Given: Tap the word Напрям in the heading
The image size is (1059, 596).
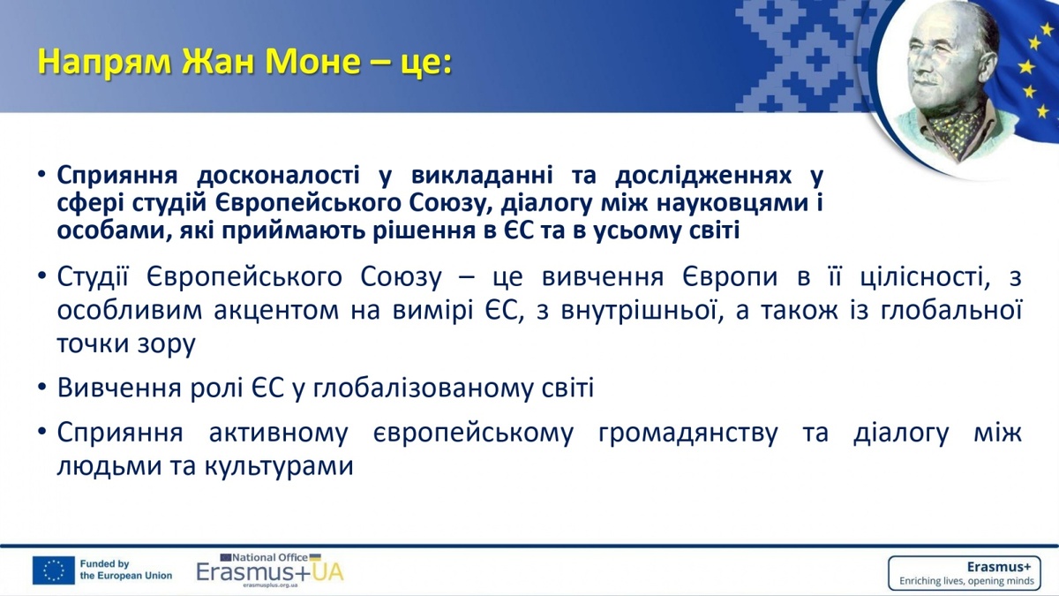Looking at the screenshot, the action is pyautogui.click(x=104, y=63).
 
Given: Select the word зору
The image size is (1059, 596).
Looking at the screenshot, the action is pyautogui.click(x=167, y=344).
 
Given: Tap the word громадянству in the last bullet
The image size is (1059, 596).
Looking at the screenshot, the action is pyautogui.click(x=687, y=434).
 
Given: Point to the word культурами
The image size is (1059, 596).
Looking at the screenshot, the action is pyautogui.click(x=280, y=466).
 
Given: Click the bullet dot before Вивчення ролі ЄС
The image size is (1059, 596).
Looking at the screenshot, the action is pyautogui.click(x=42, y=388).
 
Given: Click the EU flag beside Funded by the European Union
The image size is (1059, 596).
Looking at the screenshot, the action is pyautogui.click(x=54, y=570).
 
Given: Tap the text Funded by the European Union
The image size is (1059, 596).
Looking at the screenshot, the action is pyautogui.click(x=125, y=570).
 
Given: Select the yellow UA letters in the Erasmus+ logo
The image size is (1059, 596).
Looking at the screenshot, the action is pyautogui.click(x=327, y=572).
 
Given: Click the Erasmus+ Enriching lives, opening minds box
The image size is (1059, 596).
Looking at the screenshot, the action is pyautogui.click(x=965, y=572).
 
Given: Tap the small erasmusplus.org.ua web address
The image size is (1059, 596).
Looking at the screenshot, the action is pyautogui.click(x=270, y=585).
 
